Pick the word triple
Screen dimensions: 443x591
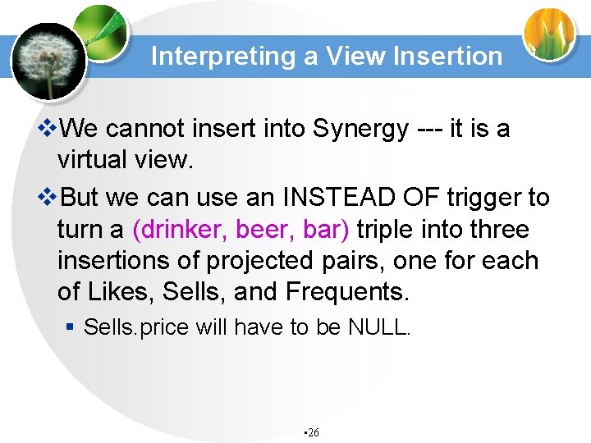(395, 230)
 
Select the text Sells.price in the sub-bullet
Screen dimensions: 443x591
(125, 327)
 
